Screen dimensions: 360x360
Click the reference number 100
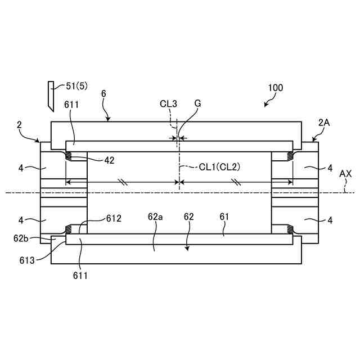[x=276, y=88]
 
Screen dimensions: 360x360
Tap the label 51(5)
[x=78, y=85]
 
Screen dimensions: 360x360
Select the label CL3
[x=168, y=103]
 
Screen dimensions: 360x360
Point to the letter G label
[x=197, y=103]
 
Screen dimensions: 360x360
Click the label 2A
[x=325, y=122]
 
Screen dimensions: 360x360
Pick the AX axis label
[x=345, y=174]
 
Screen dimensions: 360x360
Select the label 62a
[x=155, y=216]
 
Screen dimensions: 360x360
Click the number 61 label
[x=224, y=216]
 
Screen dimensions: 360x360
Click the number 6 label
[x=103, y=94]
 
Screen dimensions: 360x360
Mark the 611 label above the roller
[x=71, y=105]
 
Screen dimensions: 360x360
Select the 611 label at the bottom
[x=80, y=276]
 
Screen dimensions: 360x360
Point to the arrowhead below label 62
[x=188, y=248]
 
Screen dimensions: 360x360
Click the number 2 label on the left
[x=19, y=127]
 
